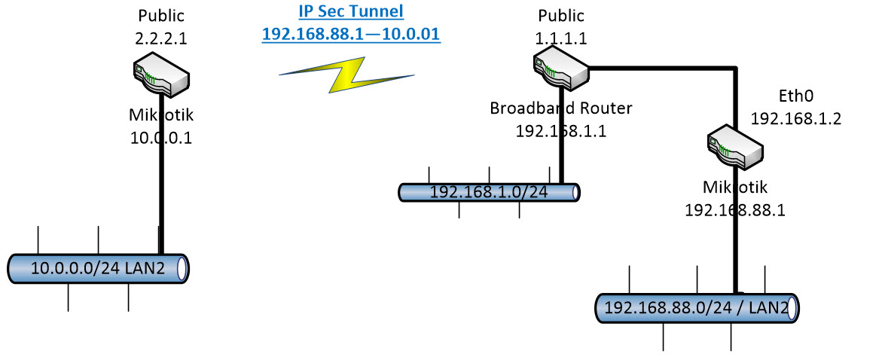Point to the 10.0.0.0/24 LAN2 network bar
coord(98,267)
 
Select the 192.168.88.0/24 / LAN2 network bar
coord(697,308)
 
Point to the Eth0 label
coord(797,97)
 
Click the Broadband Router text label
coord(561,108)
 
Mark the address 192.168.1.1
coord(561,130)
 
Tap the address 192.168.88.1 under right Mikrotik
coord(734,210)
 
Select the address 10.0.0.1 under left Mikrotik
coord(161,138)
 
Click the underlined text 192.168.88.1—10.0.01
coord(350,34)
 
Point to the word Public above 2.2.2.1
coord(161,14)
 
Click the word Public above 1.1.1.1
coord(561,14)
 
